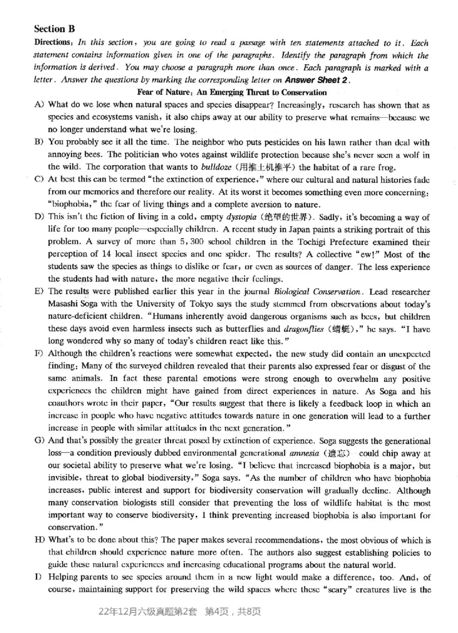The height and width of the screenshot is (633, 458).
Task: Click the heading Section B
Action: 54,28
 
